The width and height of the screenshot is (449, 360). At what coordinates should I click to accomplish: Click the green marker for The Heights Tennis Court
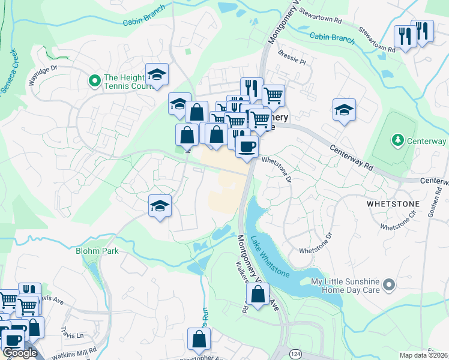coord(94,80)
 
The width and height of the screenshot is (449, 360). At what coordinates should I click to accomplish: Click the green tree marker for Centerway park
coord(397,140)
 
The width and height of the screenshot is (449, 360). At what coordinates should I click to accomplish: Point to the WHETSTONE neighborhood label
coord(391,204)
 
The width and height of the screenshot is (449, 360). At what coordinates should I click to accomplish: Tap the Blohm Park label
coord(97,251)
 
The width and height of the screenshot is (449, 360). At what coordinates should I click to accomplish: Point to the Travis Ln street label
coord(72,331)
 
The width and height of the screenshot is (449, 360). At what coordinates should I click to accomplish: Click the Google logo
coord(19,353)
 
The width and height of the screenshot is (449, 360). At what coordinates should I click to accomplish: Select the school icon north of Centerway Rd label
coord(345,110)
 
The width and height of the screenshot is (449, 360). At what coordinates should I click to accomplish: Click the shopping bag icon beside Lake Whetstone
coord(258,295)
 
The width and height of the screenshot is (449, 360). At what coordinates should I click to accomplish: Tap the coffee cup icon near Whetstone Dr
coord(247,146)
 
